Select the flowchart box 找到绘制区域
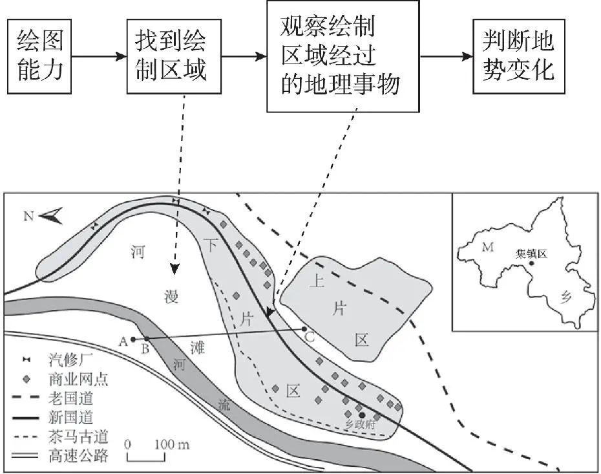pos(171,56)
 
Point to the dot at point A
pos(132,339)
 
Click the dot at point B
pos(147,339)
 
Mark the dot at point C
pos(304,329)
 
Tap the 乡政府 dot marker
pos(363,415)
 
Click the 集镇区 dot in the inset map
pos(531,263)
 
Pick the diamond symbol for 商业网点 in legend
pos(25,379)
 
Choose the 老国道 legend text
pos(70,399)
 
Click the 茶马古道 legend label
pos(78,437)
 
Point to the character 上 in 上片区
pos(317,281)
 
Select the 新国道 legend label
pos(70,418)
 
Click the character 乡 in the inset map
pos(566,298)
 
